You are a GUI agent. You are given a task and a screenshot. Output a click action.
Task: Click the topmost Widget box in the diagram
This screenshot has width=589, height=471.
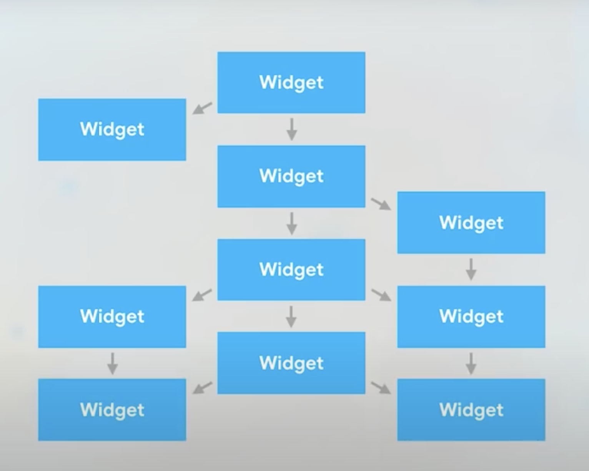(291, 82)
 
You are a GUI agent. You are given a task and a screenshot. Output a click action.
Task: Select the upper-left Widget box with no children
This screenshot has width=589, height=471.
(112, 129)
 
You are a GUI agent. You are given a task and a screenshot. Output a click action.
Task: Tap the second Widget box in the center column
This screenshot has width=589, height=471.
(291, 176)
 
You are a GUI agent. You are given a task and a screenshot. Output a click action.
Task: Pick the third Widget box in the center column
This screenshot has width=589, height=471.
(291, 269)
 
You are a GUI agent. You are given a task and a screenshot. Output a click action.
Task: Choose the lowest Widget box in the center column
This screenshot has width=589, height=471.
(291, 363)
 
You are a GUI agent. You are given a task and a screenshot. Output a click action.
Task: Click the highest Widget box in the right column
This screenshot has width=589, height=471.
(471, 222)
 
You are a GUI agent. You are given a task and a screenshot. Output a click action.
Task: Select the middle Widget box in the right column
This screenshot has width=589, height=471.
(471, 316)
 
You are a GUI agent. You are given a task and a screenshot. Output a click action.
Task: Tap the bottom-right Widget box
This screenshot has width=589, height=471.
(471, 410)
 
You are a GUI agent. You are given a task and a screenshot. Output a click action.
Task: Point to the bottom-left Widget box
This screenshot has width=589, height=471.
(112, 410)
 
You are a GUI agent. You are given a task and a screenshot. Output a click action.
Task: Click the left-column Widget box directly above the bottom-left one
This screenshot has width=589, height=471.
(112, 316)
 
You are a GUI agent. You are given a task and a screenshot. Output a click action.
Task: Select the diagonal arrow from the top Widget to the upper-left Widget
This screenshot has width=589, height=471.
(202, 108)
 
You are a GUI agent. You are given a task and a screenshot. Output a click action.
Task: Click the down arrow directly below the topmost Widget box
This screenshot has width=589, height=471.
(291, 129)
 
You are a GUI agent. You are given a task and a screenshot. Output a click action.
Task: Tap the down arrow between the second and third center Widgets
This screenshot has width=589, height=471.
(291, 223)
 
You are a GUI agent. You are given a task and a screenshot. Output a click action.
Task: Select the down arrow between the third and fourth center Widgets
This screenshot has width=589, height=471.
(291, 316)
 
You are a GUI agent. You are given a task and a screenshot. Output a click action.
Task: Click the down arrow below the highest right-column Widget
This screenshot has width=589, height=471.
(471, 269)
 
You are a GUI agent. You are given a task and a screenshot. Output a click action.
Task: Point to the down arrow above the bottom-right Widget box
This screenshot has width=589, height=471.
(471, 363)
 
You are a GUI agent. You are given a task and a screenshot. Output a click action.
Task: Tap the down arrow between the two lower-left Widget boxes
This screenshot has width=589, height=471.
(112, 363)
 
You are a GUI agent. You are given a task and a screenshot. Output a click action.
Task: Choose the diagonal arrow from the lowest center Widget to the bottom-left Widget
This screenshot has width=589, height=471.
(202, 388)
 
